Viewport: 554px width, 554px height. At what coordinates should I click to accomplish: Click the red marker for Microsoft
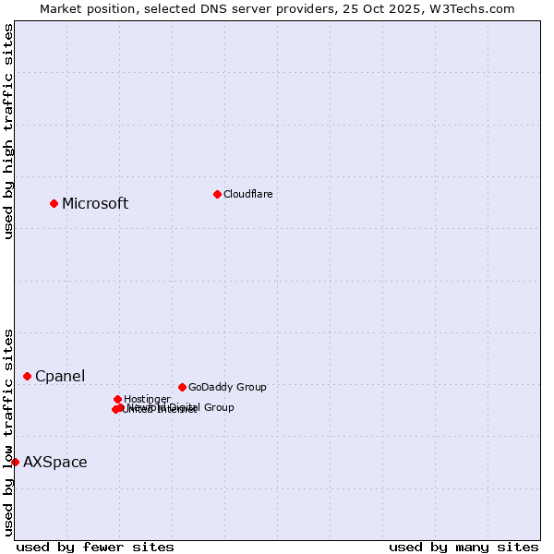pos(54,203)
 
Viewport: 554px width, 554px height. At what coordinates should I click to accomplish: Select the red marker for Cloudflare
pos(217,194)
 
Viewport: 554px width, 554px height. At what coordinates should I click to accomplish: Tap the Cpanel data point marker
pos(27,376)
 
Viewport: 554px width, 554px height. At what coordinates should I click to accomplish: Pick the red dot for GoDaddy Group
pos(182,387)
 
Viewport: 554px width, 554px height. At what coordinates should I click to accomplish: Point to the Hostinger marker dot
pos(117,399)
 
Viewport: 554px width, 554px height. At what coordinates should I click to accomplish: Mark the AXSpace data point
pos(15,462)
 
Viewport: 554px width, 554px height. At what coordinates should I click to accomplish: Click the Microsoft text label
pos(95,204)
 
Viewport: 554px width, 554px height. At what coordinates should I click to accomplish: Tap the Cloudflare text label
pos(247,194)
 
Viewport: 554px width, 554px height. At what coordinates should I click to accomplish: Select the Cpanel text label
pos(60,377)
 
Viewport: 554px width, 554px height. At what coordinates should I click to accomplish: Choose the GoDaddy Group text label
pos(227,387)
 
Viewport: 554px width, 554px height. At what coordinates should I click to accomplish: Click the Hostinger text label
pos(147,399)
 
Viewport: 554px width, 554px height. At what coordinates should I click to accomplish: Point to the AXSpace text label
pos(55,463)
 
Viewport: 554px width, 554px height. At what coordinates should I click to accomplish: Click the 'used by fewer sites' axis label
pos(95,547)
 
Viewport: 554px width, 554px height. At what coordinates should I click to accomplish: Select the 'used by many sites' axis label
pos(464,547)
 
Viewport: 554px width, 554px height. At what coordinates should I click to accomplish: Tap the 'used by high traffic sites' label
pos(8,131)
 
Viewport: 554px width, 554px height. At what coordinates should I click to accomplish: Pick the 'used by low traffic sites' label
pos(8,432)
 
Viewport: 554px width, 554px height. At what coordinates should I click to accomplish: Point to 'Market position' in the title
pos(85,8)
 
